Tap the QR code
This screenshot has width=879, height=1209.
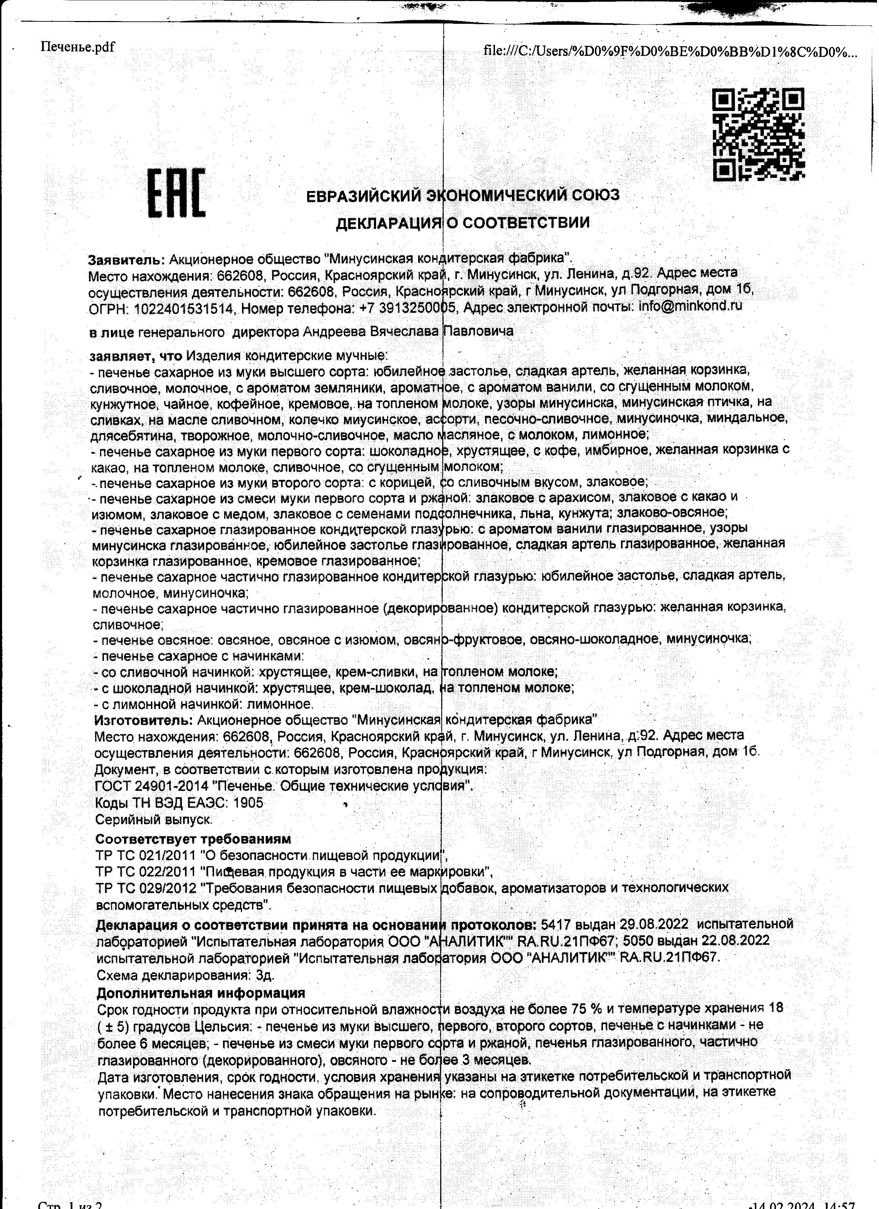pos(759,134)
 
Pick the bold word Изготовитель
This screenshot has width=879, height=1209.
pos(143,720)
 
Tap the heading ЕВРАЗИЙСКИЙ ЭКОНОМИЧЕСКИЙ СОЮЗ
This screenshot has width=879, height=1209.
pos(463,195)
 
